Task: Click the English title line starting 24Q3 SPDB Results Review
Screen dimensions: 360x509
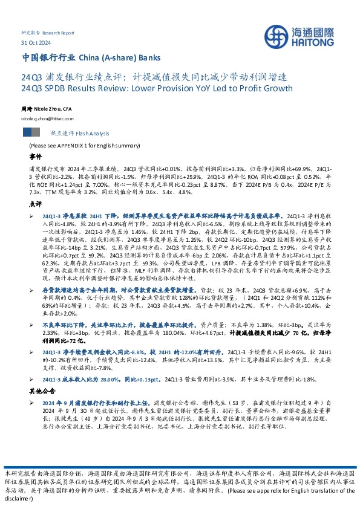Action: [156, 88]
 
